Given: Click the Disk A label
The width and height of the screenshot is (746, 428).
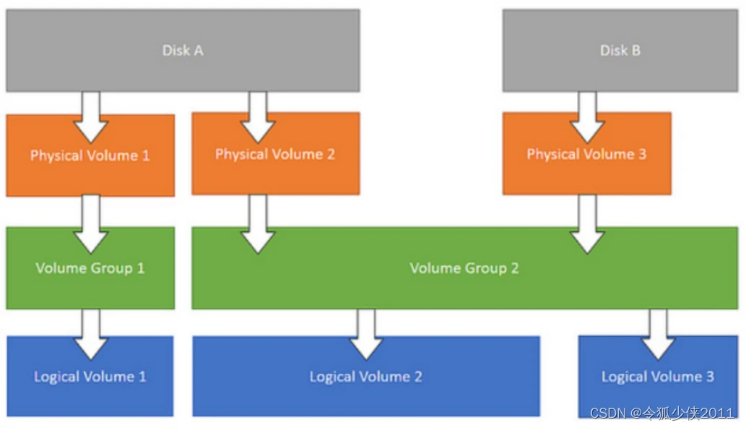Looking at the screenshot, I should [182, 51].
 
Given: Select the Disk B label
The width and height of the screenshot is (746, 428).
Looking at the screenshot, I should [620, 51].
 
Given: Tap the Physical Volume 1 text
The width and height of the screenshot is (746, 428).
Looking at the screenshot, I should [90, 155].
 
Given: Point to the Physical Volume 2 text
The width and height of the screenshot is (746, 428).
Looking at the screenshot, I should [274, 154].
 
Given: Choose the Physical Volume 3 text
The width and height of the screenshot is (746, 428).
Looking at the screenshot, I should [586, 154].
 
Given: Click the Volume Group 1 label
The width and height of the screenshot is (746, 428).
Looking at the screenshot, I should [90, 268].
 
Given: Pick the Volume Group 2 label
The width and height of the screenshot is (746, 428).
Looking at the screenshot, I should [464, 268].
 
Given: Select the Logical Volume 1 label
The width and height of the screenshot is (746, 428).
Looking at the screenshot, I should [90, 377].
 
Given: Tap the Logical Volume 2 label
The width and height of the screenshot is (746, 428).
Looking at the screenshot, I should [365, 377].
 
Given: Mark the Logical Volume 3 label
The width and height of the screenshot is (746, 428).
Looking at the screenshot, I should [657, 377].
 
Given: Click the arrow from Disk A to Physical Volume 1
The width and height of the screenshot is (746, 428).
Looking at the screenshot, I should [91, 116].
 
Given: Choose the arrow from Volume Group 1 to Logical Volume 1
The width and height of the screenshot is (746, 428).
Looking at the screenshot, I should [91, 333].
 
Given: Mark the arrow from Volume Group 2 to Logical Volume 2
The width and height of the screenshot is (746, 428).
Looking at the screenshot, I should [366, 333].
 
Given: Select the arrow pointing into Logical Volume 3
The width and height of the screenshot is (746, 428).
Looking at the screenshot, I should [658, 333].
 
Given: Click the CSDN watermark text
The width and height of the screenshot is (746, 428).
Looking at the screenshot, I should [662, 414].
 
